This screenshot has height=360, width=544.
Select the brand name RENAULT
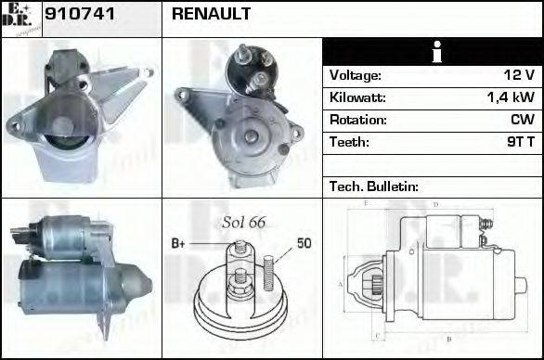click(210, 16)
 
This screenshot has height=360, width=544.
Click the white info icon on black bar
click(432, 52)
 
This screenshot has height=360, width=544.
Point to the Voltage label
click(356, 75)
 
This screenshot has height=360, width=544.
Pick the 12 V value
click(518, 75)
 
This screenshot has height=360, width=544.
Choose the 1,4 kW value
click(510, 97)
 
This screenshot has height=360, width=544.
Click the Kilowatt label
click(357, 97)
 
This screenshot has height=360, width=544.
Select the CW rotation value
click(522, 120)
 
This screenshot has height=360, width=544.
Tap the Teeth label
click(349, 142)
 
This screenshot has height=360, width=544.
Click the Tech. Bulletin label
click(373, 186)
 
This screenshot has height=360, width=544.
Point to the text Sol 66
click(244, 223)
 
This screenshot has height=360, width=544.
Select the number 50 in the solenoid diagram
click(304, 243)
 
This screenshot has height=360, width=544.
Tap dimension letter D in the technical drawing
click(435, 203)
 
